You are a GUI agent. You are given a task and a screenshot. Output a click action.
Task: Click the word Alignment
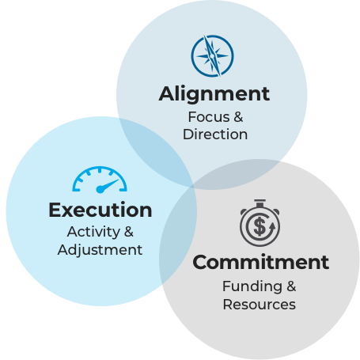click(x=214, y=93)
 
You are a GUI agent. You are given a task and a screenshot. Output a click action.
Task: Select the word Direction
click(x=214, y=134)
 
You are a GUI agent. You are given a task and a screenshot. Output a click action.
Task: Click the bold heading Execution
click(x=100, y=210)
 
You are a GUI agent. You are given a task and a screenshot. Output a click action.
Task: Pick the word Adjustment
click(x=100, y=249)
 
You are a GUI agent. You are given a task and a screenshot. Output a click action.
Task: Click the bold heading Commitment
click(x=260, y=262)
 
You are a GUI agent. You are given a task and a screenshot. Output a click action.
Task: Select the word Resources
click(x=259, y=304)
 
